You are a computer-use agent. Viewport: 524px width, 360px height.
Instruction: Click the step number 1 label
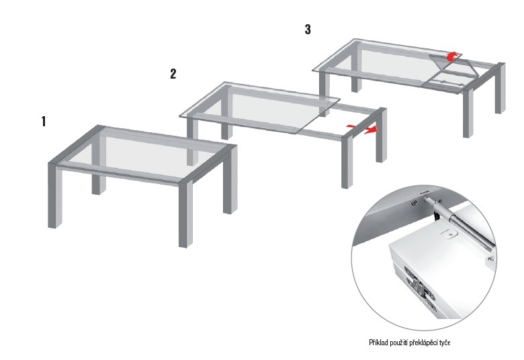[44, 122]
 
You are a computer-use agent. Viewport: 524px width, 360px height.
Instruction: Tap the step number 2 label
[173, 74]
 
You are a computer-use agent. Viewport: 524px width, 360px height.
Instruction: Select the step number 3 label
[308, 30]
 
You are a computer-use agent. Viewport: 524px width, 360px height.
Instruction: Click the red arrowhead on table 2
[371, 130]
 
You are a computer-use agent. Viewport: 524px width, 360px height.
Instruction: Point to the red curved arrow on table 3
[453, 56]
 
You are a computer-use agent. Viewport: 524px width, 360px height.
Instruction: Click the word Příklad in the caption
[379, 343]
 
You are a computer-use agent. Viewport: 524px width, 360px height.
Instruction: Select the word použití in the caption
[399, 343]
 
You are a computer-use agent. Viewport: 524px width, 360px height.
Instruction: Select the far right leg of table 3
[500, 88]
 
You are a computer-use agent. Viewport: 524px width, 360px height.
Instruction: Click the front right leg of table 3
[468, 113]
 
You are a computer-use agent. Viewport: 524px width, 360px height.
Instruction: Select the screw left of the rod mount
[414, 203]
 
